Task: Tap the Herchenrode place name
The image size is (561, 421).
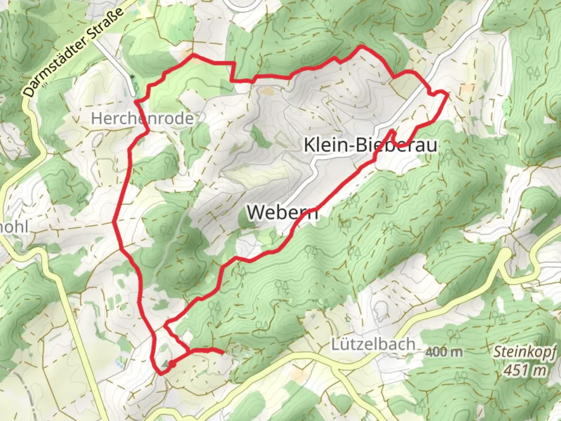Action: click(x=142, y=119)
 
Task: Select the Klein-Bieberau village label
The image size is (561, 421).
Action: click(x=370, y=145)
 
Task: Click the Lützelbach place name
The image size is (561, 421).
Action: click(x=373, y=344)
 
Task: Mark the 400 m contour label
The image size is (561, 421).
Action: click(x=444, y=352)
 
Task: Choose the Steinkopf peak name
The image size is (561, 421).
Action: click(x=525, y=352)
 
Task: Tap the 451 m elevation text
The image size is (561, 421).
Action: click(x=525, y=370)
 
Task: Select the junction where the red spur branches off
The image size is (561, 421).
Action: click(x=190, y=351)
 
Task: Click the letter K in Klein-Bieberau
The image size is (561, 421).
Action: click(x=309, y=145)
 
